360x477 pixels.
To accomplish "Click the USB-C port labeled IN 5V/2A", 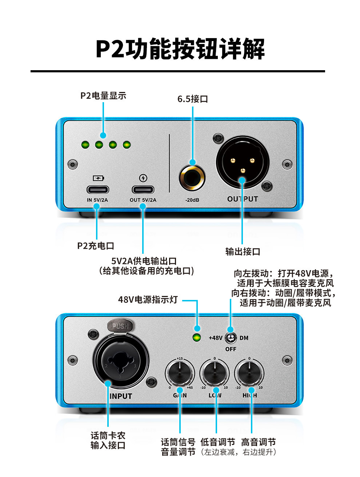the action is click(x=98, y=189).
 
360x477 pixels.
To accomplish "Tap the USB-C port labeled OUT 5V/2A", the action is click(x=143, y=189).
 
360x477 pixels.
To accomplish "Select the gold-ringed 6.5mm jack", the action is click(x=192, y=178).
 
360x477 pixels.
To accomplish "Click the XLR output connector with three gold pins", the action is click(x=243, y=162).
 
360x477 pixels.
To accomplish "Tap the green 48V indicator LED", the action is click(x=197, y=338).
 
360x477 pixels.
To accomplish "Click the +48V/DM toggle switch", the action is click(x=231, y=338).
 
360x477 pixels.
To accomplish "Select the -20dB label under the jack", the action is click(x=192, y=200).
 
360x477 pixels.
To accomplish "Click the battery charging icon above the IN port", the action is click(x=99, y=178).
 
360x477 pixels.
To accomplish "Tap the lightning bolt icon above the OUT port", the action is click(x=143, y=178).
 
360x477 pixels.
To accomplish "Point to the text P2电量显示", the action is click(x=103, y=96).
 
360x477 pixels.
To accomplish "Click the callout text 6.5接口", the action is click(x=192, y=99).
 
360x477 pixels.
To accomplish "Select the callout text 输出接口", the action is click(x=243, y=252).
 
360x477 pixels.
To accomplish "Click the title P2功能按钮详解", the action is click(x=180, y=49).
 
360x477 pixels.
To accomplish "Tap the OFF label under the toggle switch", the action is click(x=231, y=349).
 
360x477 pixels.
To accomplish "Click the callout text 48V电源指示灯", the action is click(x=148, y=300).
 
